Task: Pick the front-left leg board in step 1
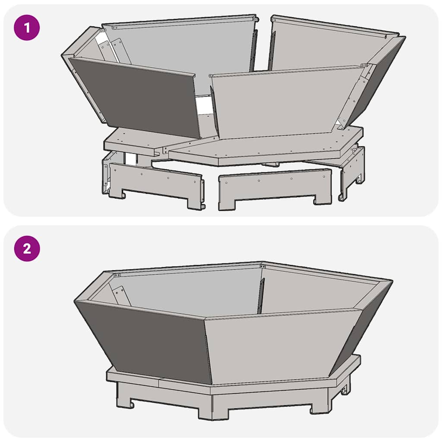tap(155, 183)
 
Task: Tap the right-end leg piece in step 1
tap(353, 170)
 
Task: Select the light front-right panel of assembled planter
tap(281, 345)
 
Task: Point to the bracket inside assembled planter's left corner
tap(120, 296)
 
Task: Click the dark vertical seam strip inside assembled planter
tap(260, 296)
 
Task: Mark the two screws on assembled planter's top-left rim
tap(117, 275)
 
